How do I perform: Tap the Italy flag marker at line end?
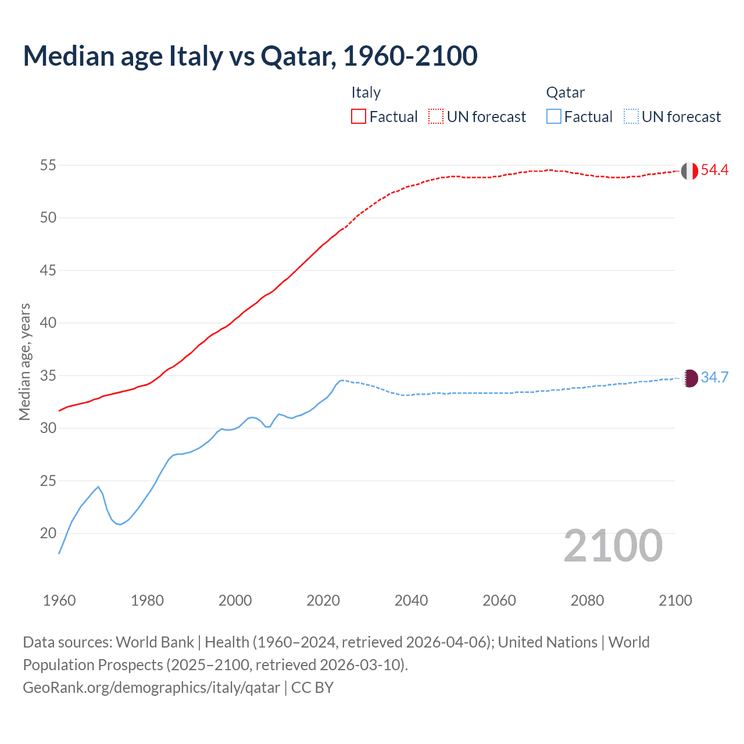689,171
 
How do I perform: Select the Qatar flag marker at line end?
689,378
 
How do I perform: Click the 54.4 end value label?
714,170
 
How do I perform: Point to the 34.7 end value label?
714,377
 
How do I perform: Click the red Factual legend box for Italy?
359,117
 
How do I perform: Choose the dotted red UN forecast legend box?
436,117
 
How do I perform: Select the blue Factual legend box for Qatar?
554,117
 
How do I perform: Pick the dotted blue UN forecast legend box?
631,117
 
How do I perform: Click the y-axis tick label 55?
48,165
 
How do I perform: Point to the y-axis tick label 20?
48,533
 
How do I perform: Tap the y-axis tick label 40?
48,323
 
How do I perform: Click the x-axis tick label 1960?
59,600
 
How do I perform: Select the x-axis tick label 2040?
411,600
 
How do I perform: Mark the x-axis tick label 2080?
587,600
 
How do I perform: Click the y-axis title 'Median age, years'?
24,362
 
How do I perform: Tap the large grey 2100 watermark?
613,545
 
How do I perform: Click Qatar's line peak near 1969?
98,487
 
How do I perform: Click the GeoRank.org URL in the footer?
151,688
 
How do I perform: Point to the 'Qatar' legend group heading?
565,92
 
